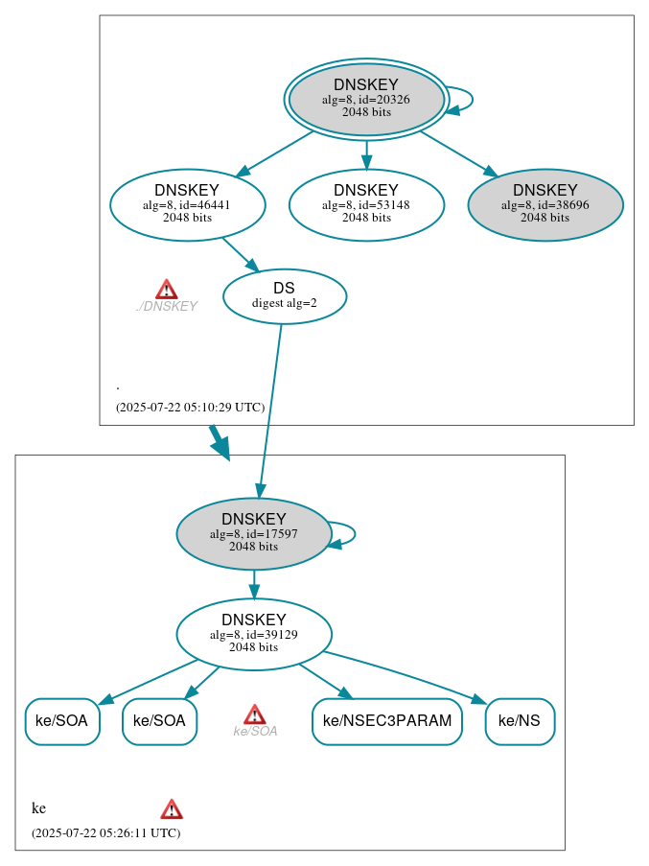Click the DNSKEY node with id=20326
(x=366, y=99)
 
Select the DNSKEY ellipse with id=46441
(x=187, y=204)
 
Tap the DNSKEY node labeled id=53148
(x=366, y=204)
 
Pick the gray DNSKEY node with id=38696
(x=545, y=204)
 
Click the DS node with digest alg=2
(x=284, y=295)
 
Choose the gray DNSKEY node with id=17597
(x=253, y=533)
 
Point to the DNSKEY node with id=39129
(x=253, y=634)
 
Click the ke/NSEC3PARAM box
(x=386, y=721)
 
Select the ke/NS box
(x=520, y=721)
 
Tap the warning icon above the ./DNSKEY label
(x=167, y=290)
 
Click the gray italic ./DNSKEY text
(x=167, y=307)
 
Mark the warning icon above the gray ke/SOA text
(x=254, y=714)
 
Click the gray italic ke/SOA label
(x=255, y=732)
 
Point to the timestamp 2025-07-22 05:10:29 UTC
(x=190, y=407)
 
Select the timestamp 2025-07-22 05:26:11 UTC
(x=105, y=832)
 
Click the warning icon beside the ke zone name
(x=172, y=809)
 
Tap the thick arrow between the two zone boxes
(x=220, y=442)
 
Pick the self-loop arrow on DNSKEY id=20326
(x=464, y=100)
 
